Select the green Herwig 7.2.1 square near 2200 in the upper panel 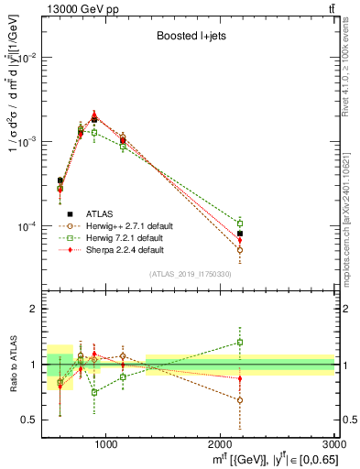[x=240, y=223]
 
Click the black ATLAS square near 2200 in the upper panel [x=240, y=234]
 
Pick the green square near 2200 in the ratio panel [x=240, y=343]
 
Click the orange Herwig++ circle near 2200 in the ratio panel [x=240, y=400]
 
